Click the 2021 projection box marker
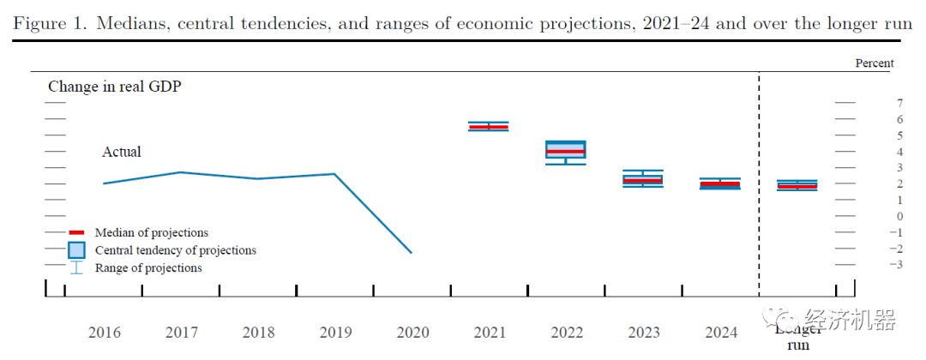point(488,127)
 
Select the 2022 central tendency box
point(566,150)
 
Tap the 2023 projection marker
point(643,179)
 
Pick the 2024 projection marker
point(720,183)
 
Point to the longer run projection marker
point(797,185)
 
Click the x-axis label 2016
point(105,333)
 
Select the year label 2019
point(336,333)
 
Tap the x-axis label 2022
point(567,333)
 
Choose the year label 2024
point(721,333)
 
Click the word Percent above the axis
point(874,63)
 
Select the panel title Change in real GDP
point(115,87)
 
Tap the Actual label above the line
point(122,152)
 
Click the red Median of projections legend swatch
point(76,232)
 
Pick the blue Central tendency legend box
point(76,250)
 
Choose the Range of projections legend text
point(148,268)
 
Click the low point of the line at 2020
point(412,253)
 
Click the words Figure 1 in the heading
point(49,23)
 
